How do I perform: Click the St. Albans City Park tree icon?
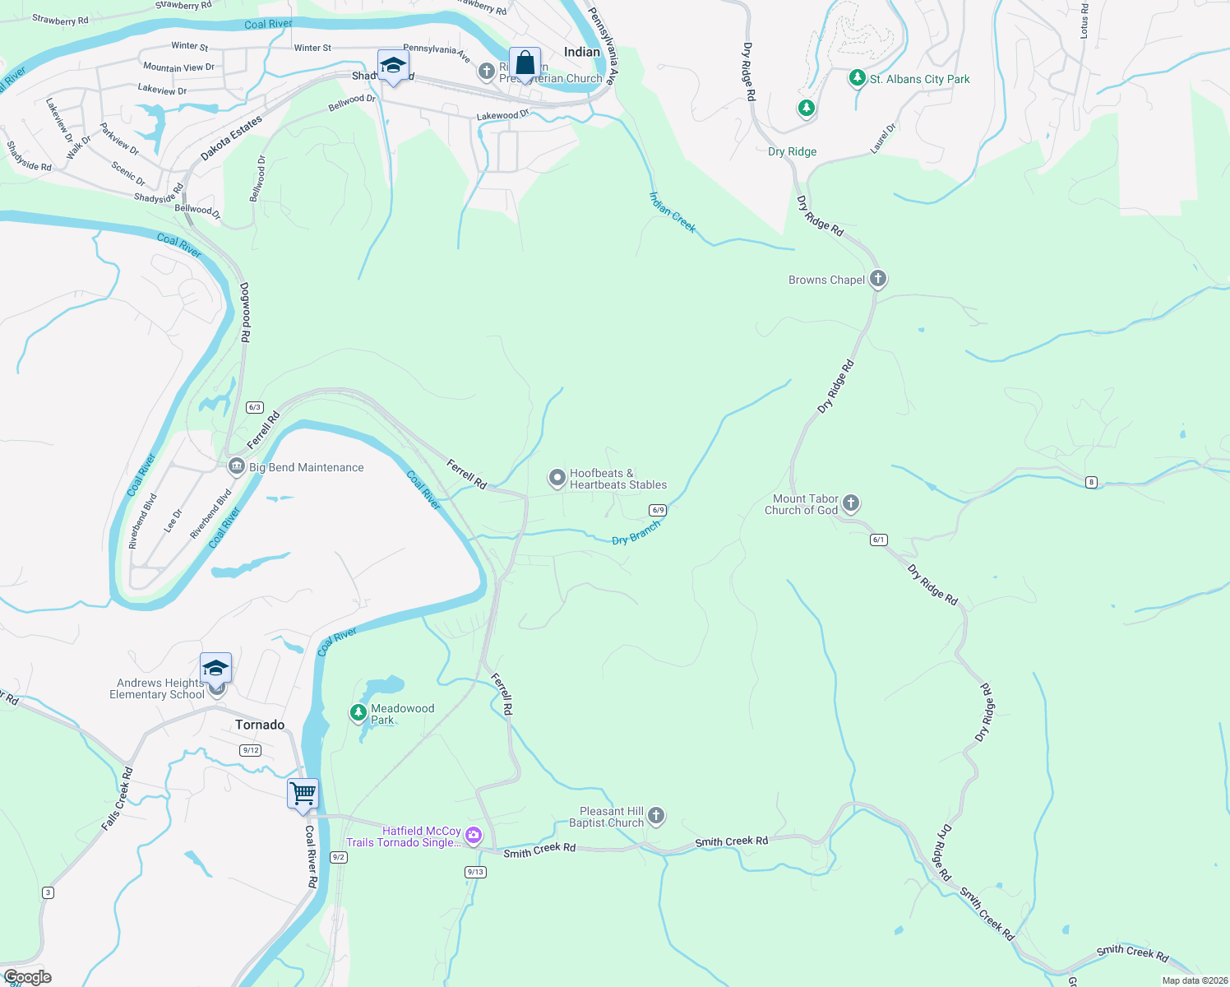point(858,78)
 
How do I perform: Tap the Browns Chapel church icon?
point(878,279)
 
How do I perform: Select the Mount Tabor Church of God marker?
point(851,502)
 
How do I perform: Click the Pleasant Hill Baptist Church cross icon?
point(655,816)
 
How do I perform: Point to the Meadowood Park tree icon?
point(358,712)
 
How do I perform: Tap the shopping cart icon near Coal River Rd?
point(303,795)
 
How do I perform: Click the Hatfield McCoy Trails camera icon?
point(474,836)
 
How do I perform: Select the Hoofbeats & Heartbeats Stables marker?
point(557,478)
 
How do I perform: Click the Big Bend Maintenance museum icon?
point(237,467)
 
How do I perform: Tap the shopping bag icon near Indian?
point(525,63)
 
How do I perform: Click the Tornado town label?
point(260,725)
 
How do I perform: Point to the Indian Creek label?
point(672,212)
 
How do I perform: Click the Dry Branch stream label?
point(636,533)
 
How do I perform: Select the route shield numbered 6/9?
point(657,510)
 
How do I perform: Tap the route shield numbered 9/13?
point(475,872)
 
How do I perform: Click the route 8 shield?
point(1091,482)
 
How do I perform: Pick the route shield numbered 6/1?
point(878,540)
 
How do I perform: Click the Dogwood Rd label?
point(245,313)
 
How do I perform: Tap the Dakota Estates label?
point(232,138)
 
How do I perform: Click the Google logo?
point(28,977)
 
